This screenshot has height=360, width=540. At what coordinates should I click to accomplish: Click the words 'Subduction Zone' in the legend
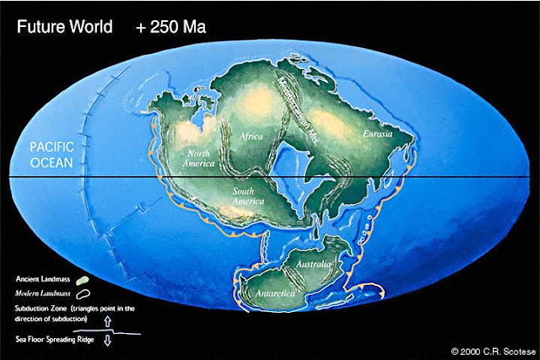pyautogui.click(x=39, y=308)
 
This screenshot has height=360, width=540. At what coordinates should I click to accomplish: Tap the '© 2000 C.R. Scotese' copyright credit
pyautogui.click(x=489, y=348)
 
